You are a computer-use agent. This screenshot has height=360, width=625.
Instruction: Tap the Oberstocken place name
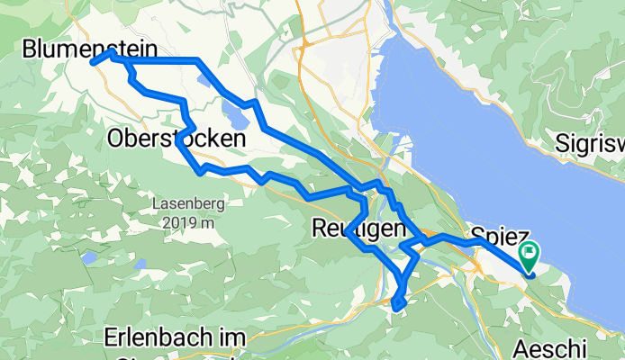click(x=176, y=139)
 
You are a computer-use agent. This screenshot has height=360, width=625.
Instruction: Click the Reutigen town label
click(x=358, y=229)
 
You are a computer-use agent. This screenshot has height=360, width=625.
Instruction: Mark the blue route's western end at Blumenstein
click(x=93, y=62)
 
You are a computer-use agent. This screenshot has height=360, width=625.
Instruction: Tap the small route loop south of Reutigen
click(x=400, y=304)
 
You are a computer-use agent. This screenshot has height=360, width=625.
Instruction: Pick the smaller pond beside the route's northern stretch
click(x=204, y=79)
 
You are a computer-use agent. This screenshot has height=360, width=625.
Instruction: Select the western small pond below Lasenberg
click(x=88, y=257)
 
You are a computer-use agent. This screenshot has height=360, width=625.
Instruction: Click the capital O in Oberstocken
click(x=116, y=139)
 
